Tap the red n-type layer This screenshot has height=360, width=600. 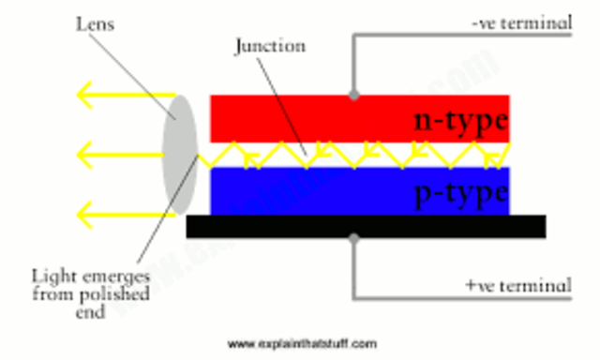coord(309,117)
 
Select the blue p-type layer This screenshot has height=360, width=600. coord(309,191)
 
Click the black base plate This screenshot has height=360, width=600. coord(366,226)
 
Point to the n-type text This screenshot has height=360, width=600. coord(460,120)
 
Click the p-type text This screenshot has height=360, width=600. coord(460,193)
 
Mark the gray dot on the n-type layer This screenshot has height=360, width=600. coord(353,94)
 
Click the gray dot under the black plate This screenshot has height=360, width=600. coord(353,239)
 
